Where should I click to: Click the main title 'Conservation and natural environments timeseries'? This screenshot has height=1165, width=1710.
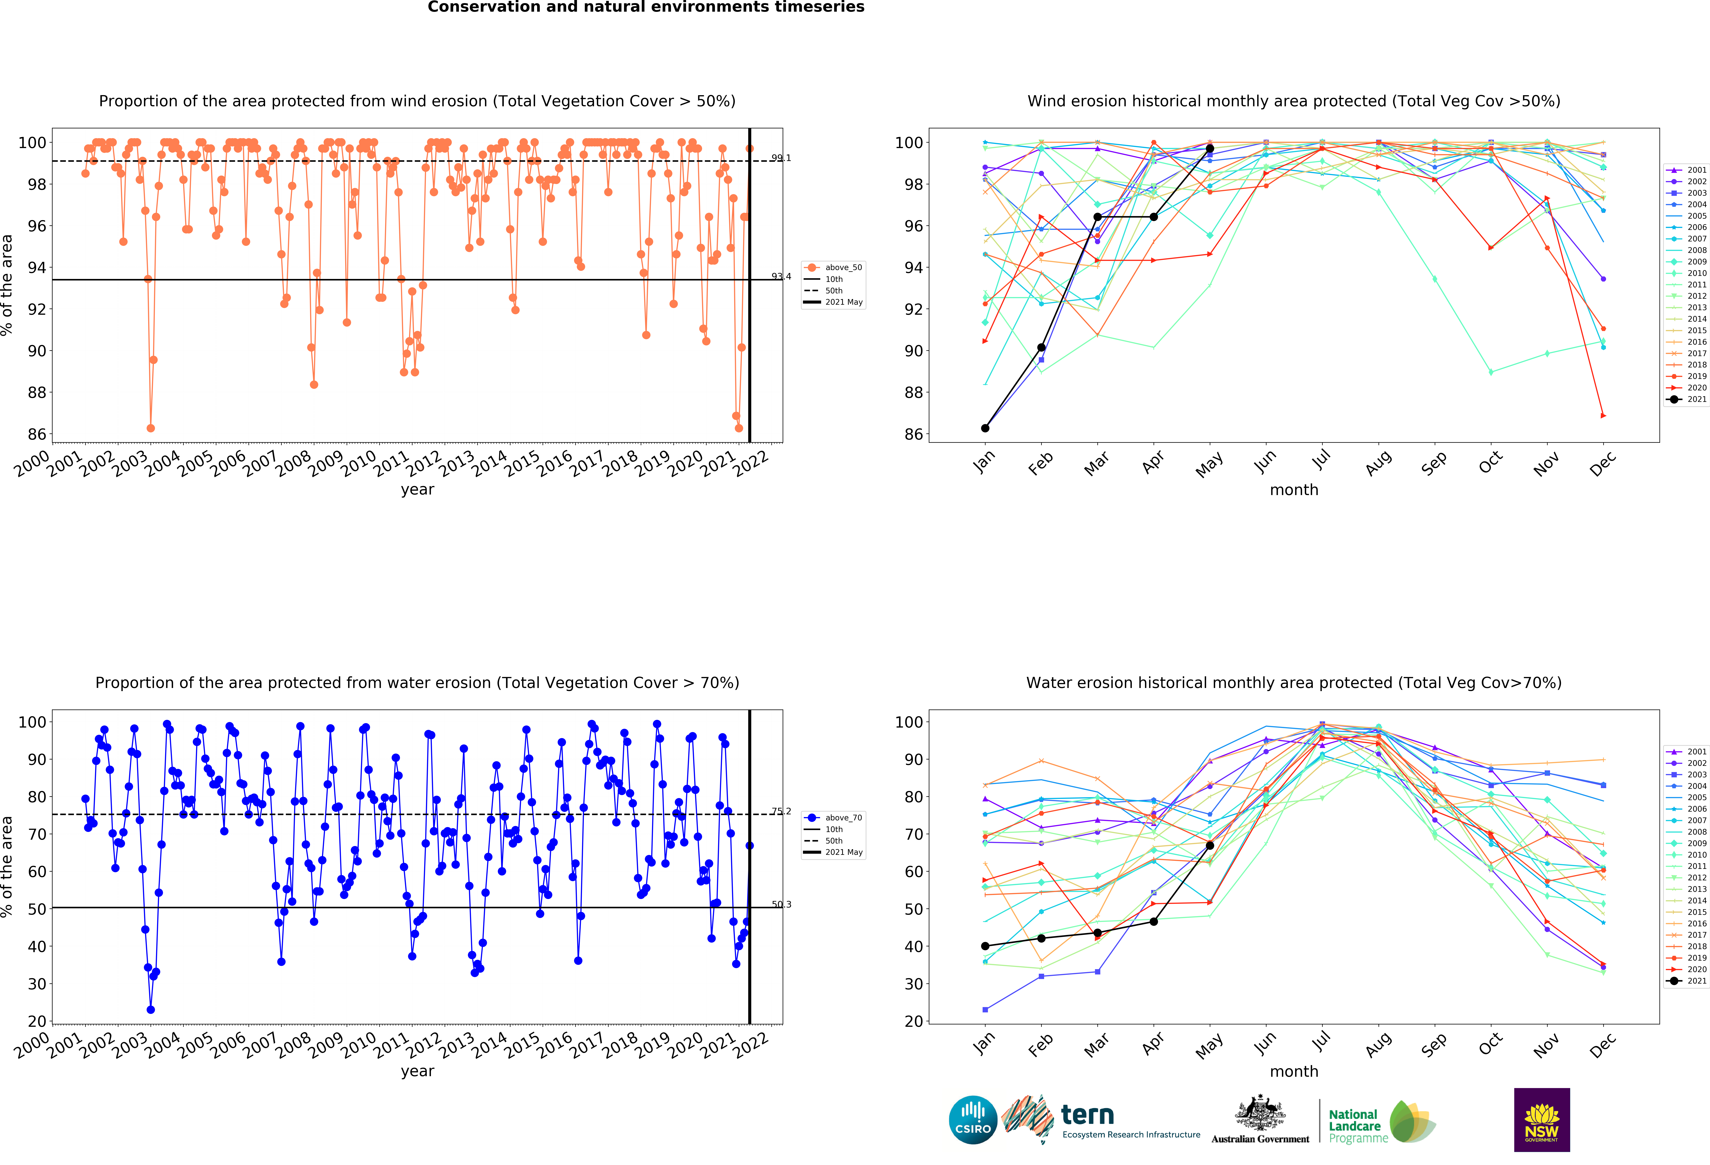click(646, 7)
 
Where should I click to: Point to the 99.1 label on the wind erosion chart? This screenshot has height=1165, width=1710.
click(781, 158)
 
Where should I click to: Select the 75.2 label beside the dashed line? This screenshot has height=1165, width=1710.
click(781, 811)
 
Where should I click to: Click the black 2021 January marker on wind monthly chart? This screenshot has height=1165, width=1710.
click(985, 428)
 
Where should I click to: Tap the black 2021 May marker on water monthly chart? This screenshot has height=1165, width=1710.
click(1210, 846)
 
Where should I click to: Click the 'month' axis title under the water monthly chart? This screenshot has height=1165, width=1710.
click(1293, 1072)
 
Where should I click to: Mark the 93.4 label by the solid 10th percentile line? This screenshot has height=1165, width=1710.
click(781, 277)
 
